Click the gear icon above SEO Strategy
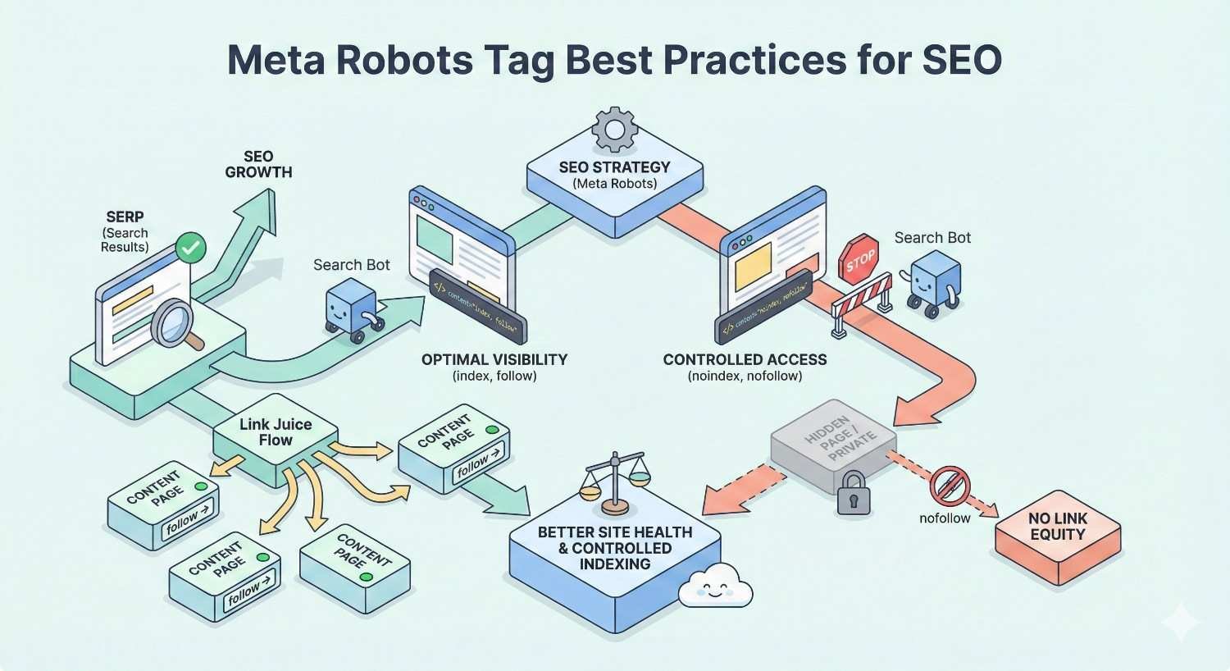tap(614, 130)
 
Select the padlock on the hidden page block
tap(853, 492)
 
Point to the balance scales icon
tap(615, 485)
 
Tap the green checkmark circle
tap(191, 247)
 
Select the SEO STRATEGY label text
tap(614, 167)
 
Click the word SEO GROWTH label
tap(258, 164)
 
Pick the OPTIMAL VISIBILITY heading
tap(494, 360)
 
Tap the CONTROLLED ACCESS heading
tap(745, 360)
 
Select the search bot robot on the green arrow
tap(352, 307)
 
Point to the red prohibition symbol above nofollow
tap(950, 486)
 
